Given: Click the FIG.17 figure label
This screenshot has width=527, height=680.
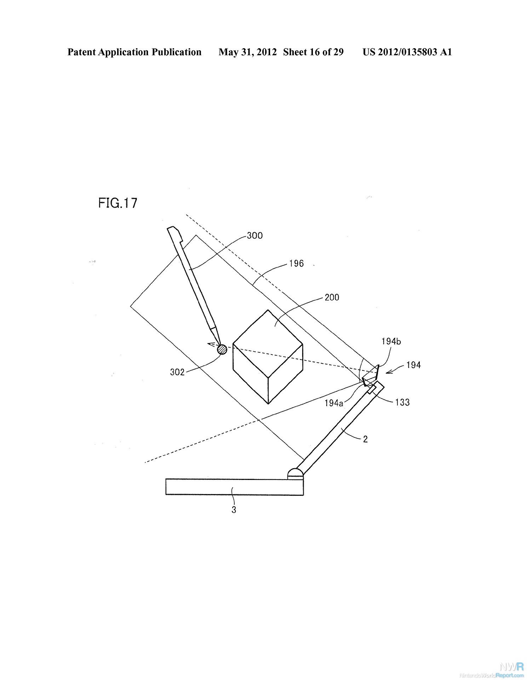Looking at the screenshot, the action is click(x=118, y=203).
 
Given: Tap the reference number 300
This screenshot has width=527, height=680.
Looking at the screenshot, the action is click(x=254, y=236).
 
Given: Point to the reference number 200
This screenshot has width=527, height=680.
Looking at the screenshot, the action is click(x=332, y=297).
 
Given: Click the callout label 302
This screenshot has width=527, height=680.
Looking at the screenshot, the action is click(x=177, y=372).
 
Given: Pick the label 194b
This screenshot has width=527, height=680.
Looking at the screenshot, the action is click(x=391, y=341).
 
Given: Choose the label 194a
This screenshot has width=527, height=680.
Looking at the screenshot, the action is click(x=334, y=403).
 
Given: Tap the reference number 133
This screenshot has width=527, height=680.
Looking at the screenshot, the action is click(x=402, y=402).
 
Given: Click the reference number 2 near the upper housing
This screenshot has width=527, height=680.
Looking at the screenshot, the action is click(x=365, y=440).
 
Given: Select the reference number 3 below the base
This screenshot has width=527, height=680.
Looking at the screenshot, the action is click(x=234, y=510).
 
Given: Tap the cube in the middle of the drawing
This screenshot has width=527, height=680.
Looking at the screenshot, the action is click(x=268, y=357).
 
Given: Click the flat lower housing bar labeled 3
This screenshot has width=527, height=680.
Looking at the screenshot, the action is click(x=234, y=487).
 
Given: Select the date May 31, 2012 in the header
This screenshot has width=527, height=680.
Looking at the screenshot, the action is click(x=247, y=52).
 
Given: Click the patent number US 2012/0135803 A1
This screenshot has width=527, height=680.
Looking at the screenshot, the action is click(x=407, y=52).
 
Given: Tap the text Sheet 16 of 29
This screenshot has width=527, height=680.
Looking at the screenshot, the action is click(x=313, y=52).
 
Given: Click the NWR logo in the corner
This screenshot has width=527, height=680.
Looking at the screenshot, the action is click(x=510, y=667).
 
